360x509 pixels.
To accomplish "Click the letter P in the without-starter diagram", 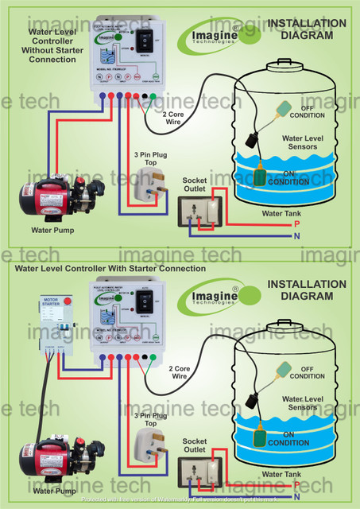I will pyautogui.click(x=296, y=225).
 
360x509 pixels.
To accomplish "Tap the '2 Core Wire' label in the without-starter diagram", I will pyautogui.click(x=180, y=119).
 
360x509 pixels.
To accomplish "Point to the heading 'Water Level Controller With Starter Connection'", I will pyautogui.click(x=106, y=268).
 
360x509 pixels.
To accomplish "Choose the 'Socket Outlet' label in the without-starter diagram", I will pyautogui.click(x=195, y=185).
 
